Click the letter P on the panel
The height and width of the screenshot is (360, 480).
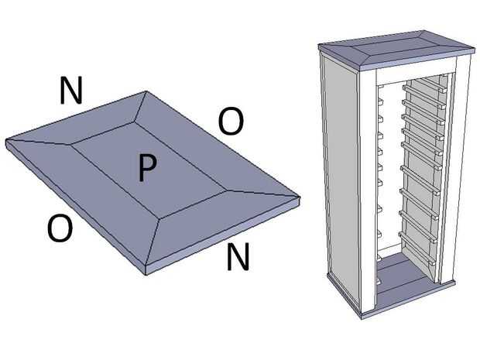[x=147, y=167]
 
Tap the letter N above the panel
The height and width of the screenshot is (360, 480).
[x=71, y=90]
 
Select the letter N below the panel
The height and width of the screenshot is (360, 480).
[x=238, y=256]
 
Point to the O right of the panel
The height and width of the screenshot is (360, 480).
[x=231, y=122]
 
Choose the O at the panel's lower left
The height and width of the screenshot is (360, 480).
[x=60, y=228]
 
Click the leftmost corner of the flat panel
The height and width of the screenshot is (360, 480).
[x=6, y=141]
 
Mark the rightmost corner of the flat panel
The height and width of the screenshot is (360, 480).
[x=300, y=197]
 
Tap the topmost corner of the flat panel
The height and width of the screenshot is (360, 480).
[x=146, y=91]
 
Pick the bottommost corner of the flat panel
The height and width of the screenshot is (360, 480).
[x=146, y=274]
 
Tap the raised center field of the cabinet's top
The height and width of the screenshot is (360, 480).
[x=395, y=45]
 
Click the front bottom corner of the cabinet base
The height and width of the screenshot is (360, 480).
[x=362, y=317]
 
